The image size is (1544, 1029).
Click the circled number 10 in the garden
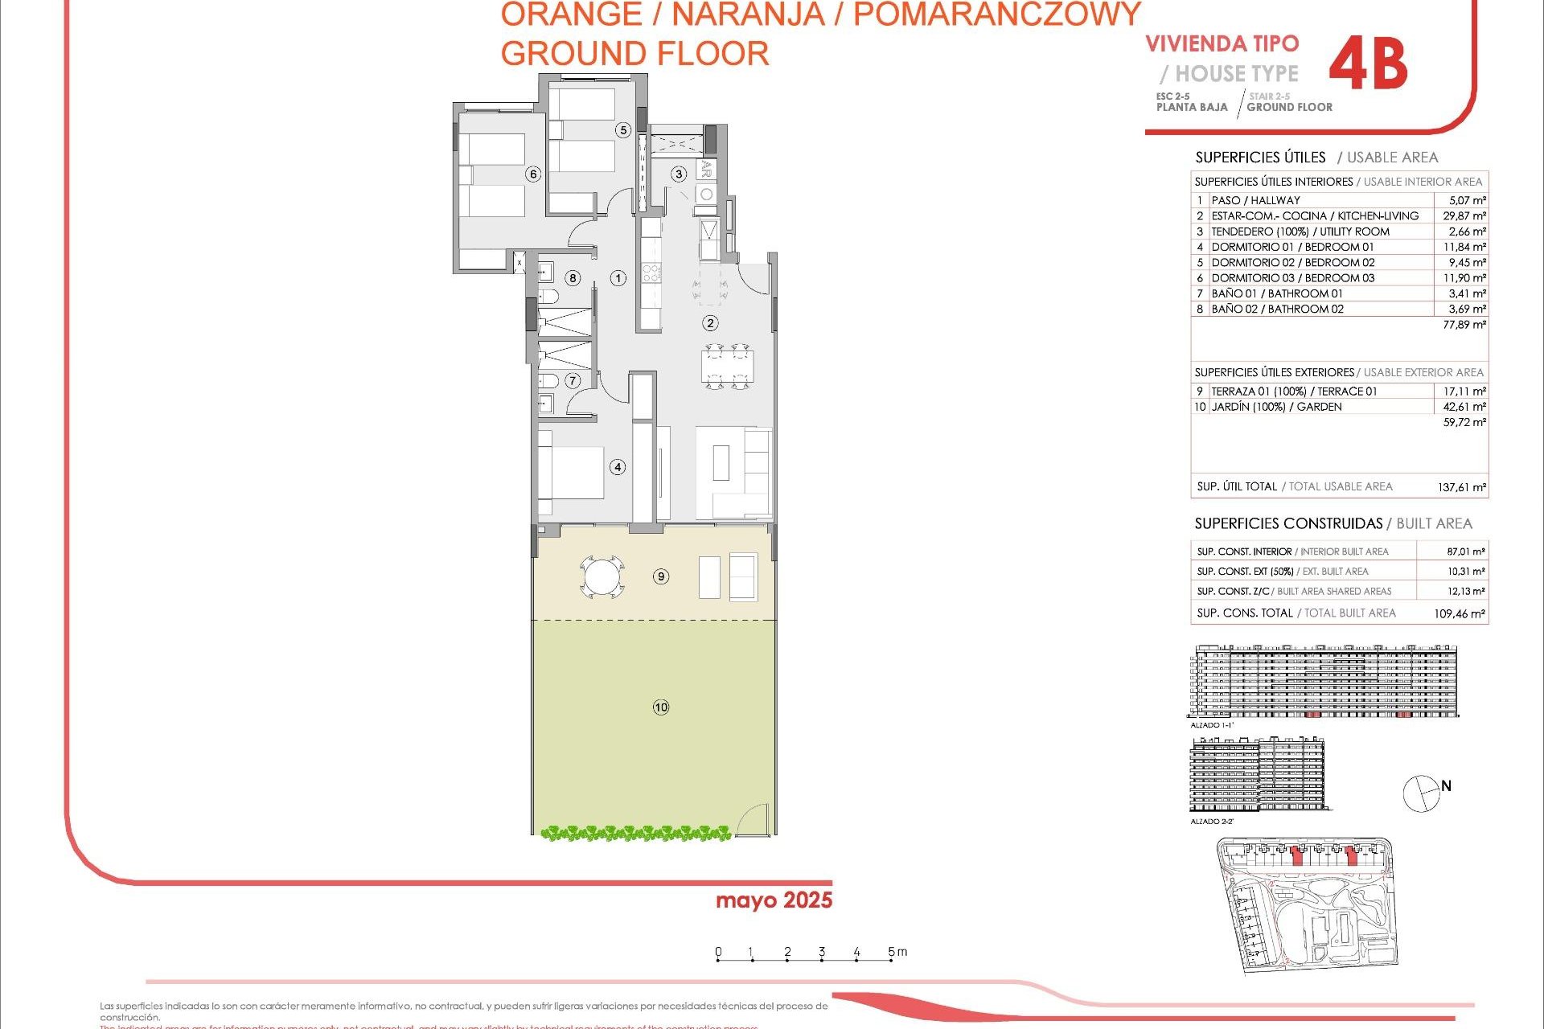tap(661, 707)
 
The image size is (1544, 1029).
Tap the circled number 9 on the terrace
tap(661, 576)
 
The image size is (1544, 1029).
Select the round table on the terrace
tap(602, 576)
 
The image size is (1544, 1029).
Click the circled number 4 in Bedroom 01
tap(618, 467)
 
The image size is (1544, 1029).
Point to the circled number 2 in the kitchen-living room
tap(710, 323)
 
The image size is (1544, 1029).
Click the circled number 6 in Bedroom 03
tap(532, 174)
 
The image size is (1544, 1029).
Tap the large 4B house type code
tap(1368, 66)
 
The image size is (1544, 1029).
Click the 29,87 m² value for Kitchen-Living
tap(1464, 215)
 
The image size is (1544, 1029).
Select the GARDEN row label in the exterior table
tap(1276, 407)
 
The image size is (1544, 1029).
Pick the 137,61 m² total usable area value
tap(1461, 487)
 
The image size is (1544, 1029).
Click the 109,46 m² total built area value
tap(1460, 613)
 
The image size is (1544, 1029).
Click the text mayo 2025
tap(774, 900)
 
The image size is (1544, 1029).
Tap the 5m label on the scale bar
tap(897, 952)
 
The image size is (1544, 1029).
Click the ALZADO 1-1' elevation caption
tap(1212, 725)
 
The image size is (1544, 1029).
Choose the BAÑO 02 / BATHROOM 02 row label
tap(1277, 309)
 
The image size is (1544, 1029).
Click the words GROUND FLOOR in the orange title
tap(634, 54)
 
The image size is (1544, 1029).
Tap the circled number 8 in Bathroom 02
tap(573, 278)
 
